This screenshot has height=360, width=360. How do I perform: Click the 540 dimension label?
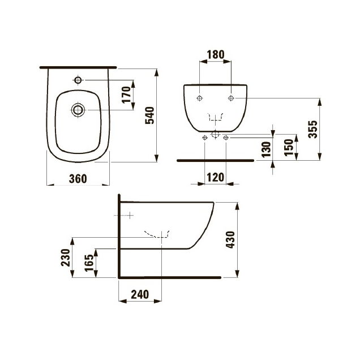(x=149, y=115)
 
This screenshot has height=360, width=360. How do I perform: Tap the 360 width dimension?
(x=78, y=179)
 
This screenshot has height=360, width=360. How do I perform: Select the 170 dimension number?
(x=126, y=95)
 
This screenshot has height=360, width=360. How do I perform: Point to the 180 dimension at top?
(x=215, y=55)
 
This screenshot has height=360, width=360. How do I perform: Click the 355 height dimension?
(x=312, y=129)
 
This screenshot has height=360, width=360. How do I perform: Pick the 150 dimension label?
(x=289, y=148)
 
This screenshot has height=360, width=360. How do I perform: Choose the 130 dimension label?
(x=267, y=149)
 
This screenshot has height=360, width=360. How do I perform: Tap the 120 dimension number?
(x=215, y=178)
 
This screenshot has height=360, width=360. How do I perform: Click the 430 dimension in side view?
(x=230, y=239)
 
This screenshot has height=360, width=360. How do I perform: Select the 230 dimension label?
(x=66, y=258)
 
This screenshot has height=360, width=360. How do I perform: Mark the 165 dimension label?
(x=89, y=263)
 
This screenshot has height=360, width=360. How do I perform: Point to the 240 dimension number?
(x=140, y=294)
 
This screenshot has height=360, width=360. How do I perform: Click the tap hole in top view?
(x=78, y=80)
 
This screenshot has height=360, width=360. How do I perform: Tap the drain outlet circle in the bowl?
(x=78, y=110)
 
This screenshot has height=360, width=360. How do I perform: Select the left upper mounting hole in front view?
(x=200, y=98)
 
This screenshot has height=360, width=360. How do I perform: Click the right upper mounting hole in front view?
(x=231, y=98)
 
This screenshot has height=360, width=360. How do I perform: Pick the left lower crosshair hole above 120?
(x=205, y=138)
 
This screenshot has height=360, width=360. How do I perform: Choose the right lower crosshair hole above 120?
(x=226, y=138)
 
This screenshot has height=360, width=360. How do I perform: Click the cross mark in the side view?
(x=130, y=215)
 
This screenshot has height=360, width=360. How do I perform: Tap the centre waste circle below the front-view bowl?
(x=215, y=134)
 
